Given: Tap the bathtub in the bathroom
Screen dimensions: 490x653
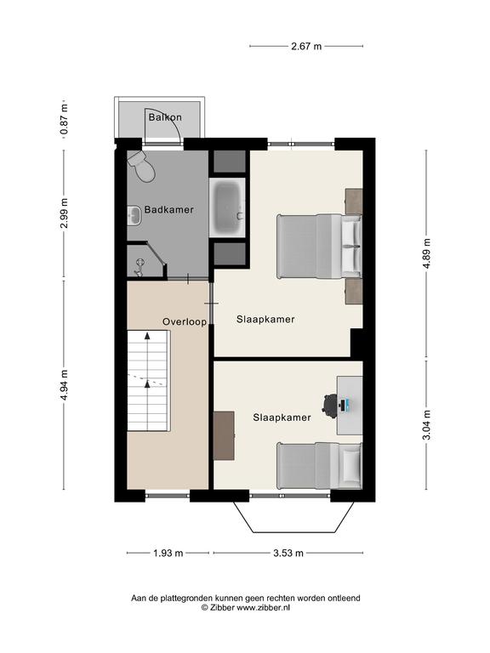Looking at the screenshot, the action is click(x=227, y=207).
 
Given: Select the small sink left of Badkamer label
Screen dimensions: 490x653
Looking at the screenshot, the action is click(x=134, y=215).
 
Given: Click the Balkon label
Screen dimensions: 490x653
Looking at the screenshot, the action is click(x=165, y=117).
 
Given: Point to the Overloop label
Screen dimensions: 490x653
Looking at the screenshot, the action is click(x=185, y=322).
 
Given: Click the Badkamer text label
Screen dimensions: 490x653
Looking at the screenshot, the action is click(x=168, y=209).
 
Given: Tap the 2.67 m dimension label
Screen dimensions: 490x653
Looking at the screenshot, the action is click(x=306, y=46).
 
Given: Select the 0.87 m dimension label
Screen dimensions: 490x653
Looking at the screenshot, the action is click(x=64, y=120).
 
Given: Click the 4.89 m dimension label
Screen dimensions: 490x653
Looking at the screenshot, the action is click(x=426, y=253).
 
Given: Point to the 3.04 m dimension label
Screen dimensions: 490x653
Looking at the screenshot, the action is click(x=426, y=425).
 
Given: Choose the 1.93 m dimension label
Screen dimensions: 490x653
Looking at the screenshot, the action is click(x=168, y=553).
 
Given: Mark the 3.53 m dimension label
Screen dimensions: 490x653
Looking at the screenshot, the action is click(x=288, y=553).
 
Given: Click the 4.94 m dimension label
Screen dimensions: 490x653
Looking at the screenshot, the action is click(x=64, y=385).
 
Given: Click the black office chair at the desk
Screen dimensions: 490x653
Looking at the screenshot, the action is click(x=331, y=405).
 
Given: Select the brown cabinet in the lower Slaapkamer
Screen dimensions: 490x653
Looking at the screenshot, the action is click(x=224, y=435).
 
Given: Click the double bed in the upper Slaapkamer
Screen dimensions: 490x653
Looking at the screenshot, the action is click(x=319, y=247).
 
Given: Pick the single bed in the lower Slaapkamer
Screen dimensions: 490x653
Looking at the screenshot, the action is click(x=320, y=466).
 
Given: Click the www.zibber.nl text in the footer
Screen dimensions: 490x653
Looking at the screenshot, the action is click(x=264, y=608).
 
